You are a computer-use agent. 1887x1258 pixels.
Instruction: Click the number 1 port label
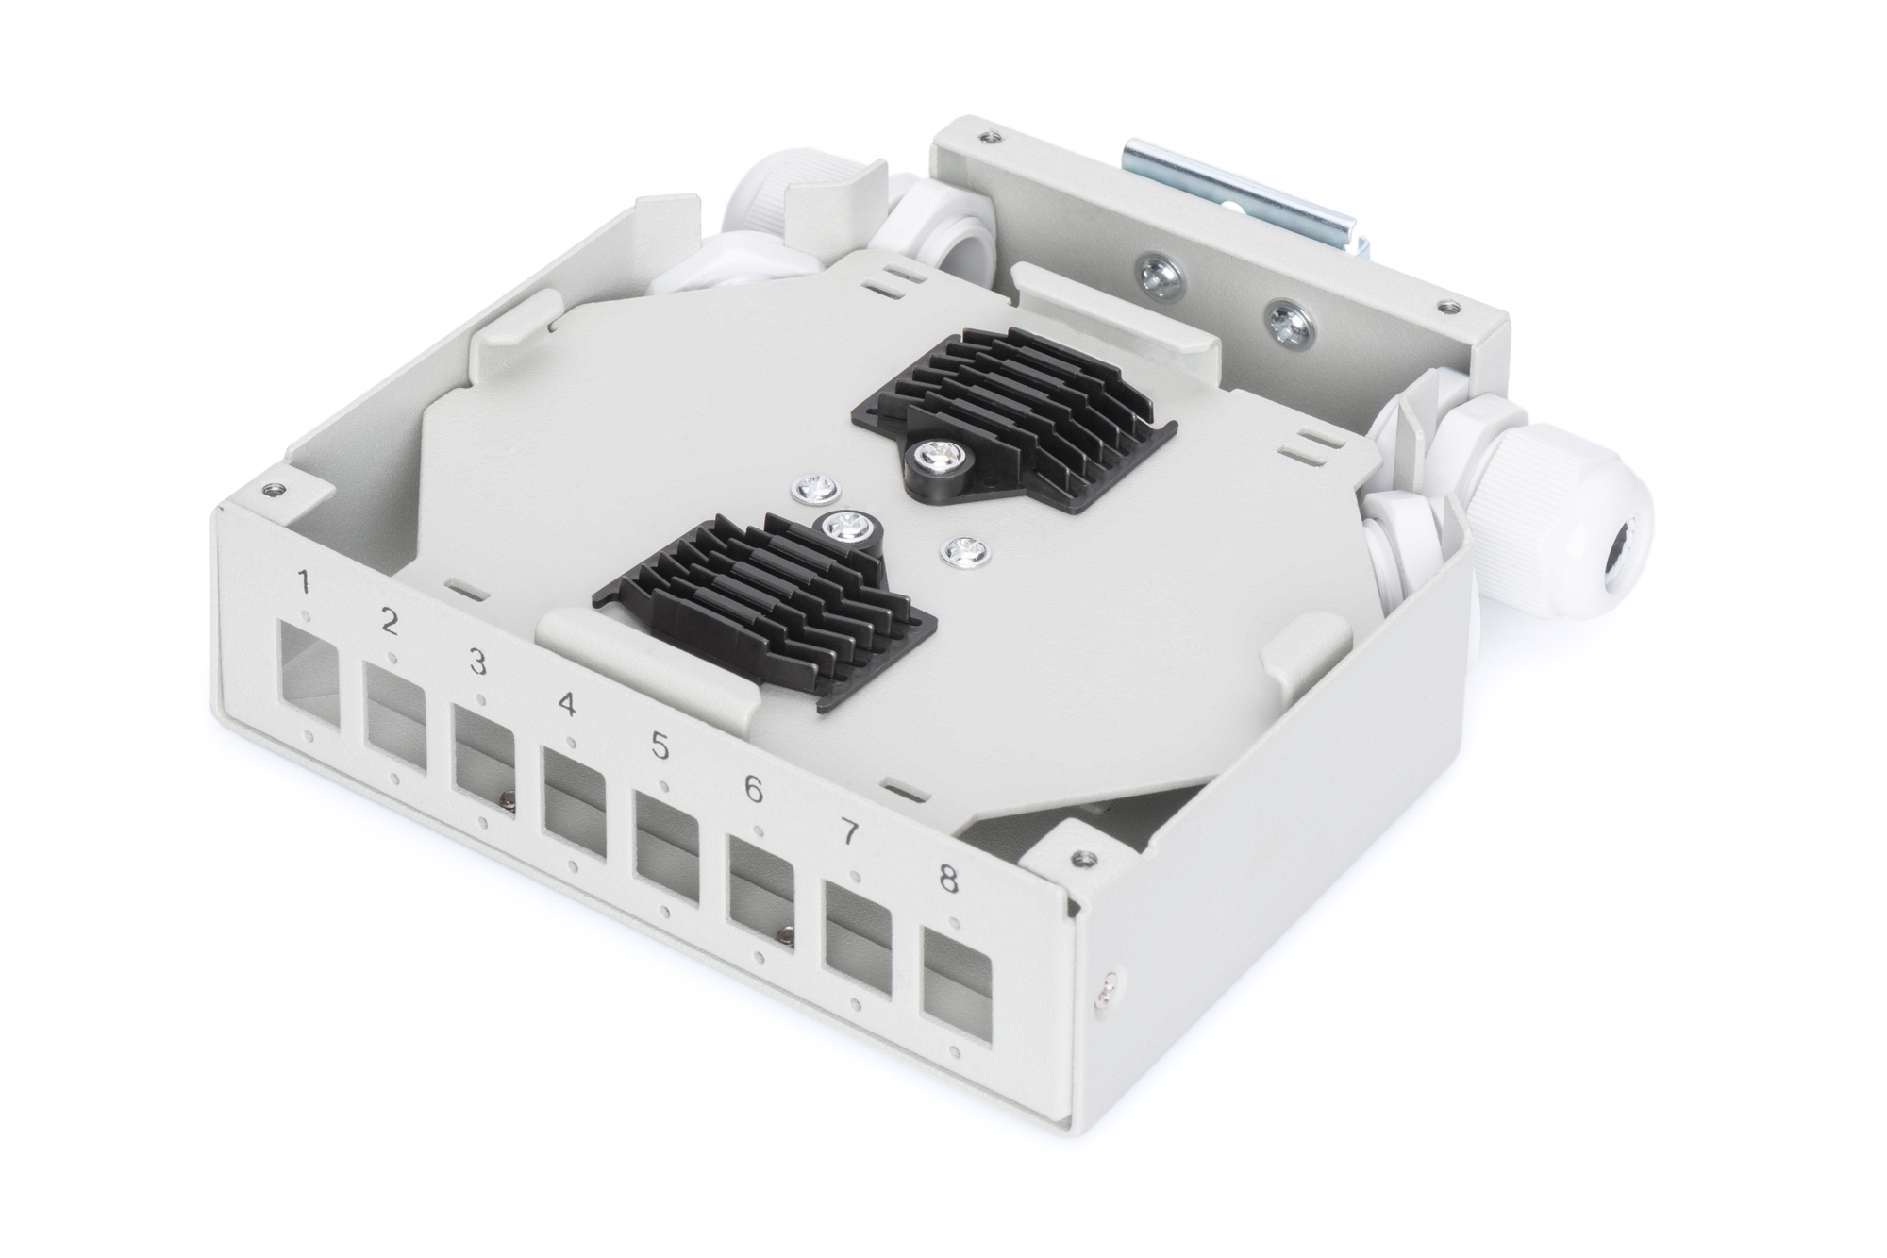point(304,581)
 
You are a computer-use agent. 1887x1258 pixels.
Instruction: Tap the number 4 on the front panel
point(567,704)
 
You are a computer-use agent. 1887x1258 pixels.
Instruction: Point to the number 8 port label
point(948,880)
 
